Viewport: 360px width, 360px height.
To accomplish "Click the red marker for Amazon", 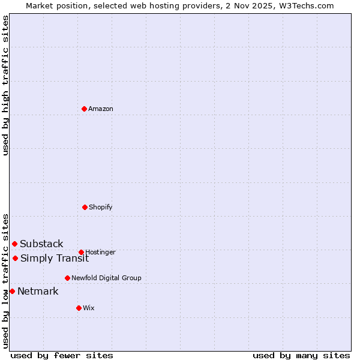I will pyautogui.click(x=84, y=109).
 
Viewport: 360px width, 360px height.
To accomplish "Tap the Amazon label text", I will pyautogui.click(x=101, y=109).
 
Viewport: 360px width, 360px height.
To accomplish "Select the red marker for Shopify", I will pyautogui.click(x=85, y=207).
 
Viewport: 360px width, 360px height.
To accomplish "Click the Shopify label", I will pyautogui.click(x=100, y=207).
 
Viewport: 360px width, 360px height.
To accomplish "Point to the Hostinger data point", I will pyautogui.click(x=81, y=252).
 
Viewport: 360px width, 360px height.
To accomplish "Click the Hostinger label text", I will pyautogui.click(x=100, y=252).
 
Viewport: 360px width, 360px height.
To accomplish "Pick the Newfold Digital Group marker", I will pyautogui.click(x=67, y=278).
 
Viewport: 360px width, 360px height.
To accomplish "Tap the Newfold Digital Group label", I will pyautogui.click(x=106, y=278).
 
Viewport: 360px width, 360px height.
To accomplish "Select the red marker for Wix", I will pyautogui.click(x=79, y=308).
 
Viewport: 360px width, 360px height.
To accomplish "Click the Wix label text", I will pyautogui.click(x=89, y=308).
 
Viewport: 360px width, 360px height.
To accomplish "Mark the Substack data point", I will pyautogui.click(x=14, y=244).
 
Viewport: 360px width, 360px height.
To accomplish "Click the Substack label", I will pyautogui.click(x=41, y=244).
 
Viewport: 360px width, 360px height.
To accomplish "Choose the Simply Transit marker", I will pyautogui.click(x=15, y=258).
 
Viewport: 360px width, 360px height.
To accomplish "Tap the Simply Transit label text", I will pyautogui.click(x=55, y=259).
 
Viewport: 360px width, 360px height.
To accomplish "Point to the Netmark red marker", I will pyautogui.click(x=12, y=291).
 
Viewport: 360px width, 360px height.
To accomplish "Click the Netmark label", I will pyautogui.click(x=38, y=292).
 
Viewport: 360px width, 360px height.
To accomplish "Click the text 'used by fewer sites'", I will pyautogui.click(x=62, y=355).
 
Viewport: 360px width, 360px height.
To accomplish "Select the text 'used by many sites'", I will pyautogui.click(x=301, y=355).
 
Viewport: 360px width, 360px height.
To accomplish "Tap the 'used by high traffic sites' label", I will pyautogui.click(x=5, y=85).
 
